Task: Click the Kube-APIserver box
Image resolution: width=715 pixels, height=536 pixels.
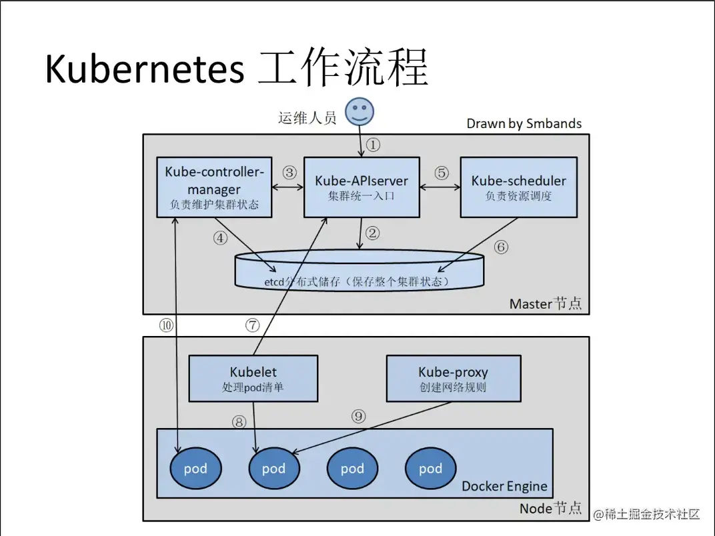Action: tap(362, 187)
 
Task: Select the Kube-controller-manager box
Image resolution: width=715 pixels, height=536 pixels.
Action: tap(214, 187)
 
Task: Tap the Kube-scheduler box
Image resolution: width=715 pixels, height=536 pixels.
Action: tap(518, 187)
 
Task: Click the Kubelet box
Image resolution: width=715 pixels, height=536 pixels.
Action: tap(253, 378)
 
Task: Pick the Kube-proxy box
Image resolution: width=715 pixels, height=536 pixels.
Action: tap(453, 378)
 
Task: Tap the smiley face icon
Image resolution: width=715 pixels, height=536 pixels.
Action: tap(360, 111)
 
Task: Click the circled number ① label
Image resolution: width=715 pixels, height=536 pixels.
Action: tap(374, 144)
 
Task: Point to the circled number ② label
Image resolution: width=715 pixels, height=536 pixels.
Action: tap(372, 233)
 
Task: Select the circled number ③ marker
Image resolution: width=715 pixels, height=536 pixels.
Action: tap(289, 172)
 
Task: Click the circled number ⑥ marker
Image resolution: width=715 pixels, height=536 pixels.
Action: tap(501, 247)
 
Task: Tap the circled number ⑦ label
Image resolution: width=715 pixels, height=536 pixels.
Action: tap(251, 325)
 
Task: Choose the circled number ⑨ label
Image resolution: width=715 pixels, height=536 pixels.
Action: tap(359, 416)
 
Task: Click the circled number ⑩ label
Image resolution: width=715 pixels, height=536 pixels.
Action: tap(165, 325)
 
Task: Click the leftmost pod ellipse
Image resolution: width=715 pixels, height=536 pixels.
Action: tap(195, 469)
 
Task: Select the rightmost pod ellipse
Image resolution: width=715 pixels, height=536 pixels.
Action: tap(430, 469)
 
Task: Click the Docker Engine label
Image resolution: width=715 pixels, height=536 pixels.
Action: tap(504, 486)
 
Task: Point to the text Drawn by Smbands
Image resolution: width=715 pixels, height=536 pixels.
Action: tap(524, 123)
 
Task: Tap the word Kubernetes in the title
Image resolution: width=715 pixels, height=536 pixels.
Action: tap(144, 69)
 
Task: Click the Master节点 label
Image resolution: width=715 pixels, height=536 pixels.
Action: tap(545, 303)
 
